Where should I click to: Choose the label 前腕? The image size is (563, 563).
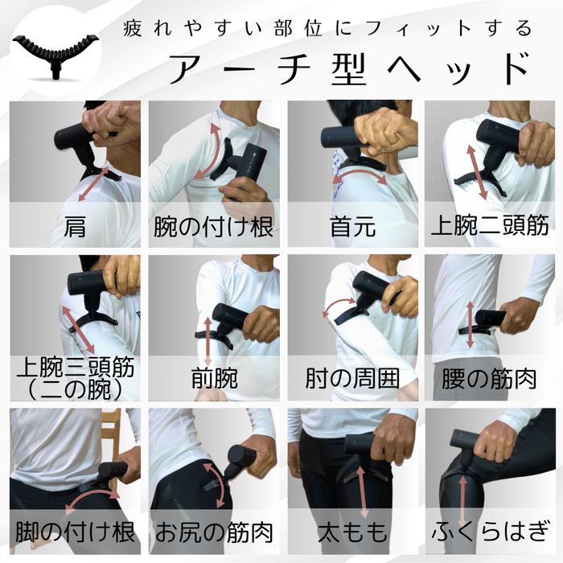(214, 378)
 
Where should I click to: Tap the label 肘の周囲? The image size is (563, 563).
(352, 378)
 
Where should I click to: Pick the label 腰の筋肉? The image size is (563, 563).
(491, 378)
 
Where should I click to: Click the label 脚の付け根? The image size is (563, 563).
(75, 531)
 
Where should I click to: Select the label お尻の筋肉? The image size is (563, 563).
(214, 531)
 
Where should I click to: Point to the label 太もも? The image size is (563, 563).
(352, 531)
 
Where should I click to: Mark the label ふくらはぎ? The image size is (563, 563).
(491, 531)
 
